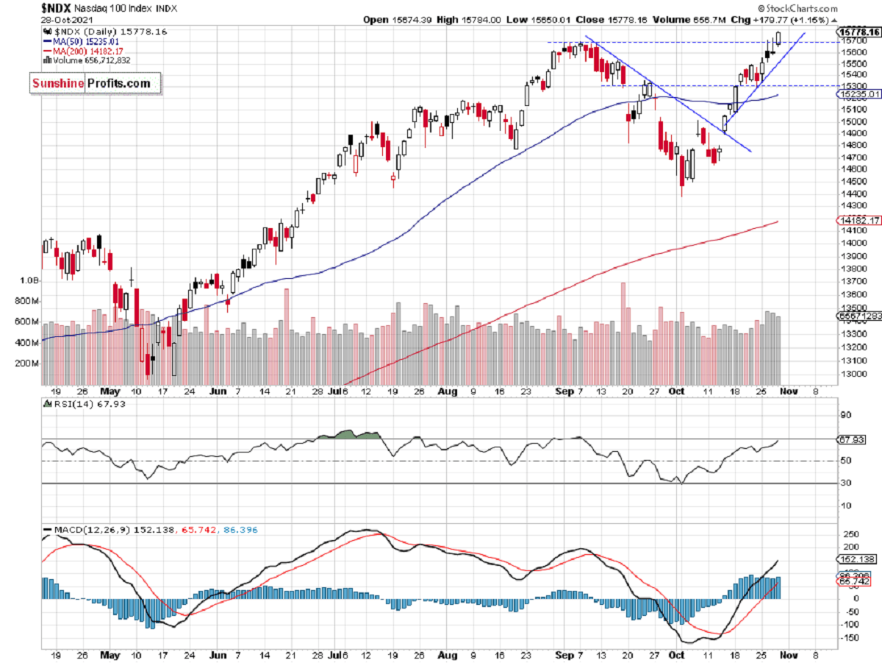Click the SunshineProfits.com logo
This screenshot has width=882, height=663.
(x=91, y=83)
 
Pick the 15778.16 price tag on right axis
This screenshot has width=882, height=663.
(x=858, y=32)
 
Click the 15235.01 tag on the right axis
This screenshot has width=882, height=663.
(x=858, y=94)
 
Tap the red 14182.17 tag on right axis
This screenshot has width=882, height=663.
(x=858, y=220)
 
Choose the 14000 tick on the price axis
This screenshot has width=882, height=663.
(x=853, y=243)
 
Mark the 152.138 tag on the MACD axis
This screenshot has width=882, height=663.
(x=857, y=559)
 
